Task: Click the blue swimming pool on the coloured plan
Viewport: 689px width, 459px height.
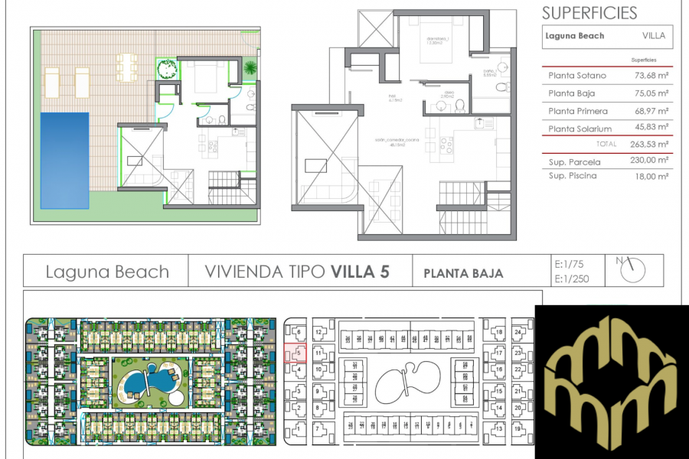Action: click(64, 160)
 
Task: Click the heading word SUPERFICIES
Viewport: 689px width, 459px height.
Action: click(589, 13)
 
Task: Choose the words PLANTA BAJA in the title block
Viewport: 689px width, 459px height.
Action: click(463, 273)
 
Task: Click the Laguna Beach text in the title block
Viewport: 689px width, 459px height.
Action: click(107, 272)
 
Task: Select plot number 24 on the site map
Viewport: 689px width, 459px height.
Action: click(518, 333)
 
